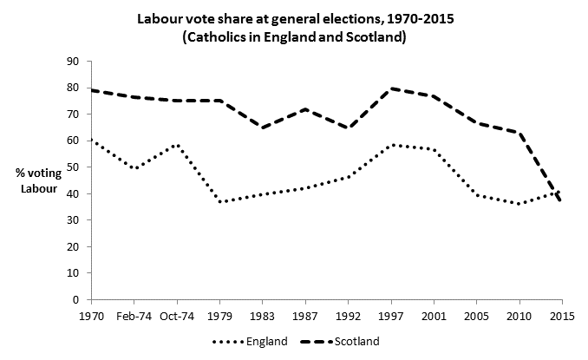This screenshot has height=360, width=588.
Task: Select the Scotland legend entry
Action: tap(343, 341)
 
